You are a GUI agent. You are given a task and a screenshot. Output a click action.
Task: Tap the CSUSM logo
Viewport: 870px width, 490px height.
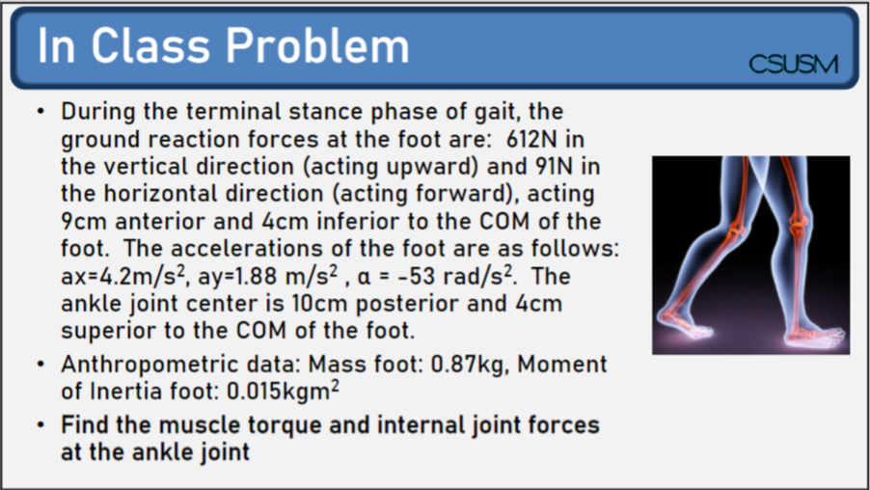point(793,65)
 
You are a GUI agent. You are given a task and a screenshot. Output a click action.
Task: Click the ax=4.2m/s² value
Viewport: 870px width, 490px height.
point(125,275)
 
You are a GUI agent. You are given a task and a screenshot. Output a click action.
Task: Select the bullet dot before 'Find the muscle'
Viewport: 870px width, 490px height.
point(41,424)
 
